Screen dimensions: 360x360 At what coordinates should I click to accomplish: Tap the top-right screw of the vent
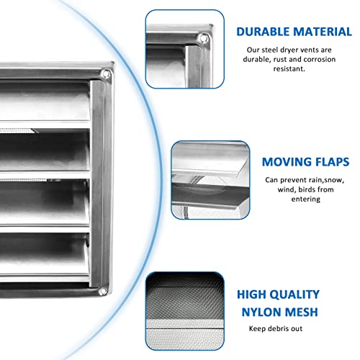[x=107, y=73]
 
